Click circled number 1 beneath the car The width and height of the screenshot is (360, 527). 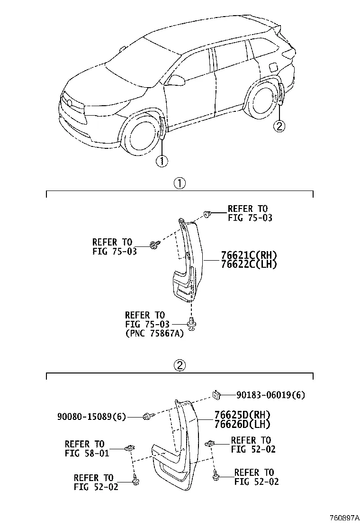coord(162,161)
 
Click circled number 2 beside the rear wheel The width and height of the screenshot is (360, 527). coord(279,126)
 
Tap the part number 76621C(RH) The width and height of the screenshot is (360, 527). coord(248,255)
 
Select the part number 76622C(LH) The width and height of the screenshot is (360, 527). coord(248,264)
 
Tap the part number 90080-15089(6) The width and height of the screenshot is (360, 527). coord(91,417)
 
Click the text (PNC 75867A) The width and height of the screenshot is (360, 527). coord(154,334)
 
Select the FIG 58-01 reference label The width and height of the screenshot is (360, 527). coord(87,453)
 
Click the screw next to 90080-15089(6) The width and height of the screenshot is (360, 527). coord(147,417)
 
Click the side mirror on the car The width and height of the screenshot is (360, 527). coord(176,81)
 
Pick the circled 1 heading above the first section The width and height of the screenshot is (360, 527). coord(179,183)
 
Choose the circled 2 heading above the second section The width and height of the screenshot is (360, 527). coord(179,365)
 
